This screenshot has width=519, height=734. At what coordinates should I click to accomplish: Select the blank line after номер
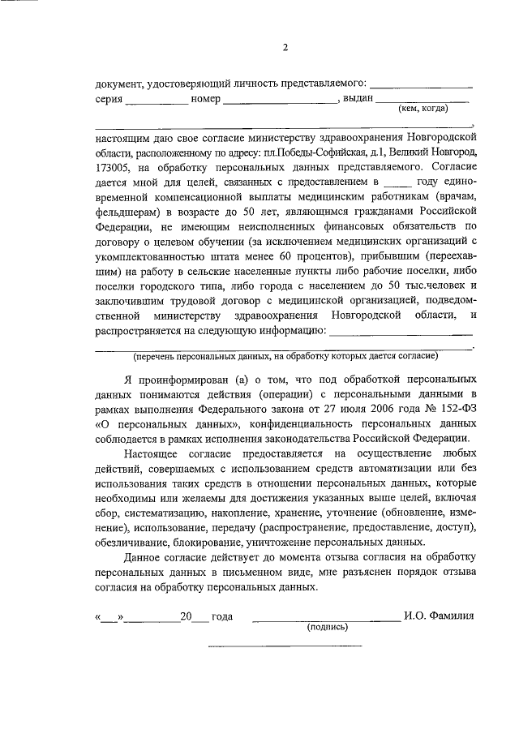click(x=281, y=101)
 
